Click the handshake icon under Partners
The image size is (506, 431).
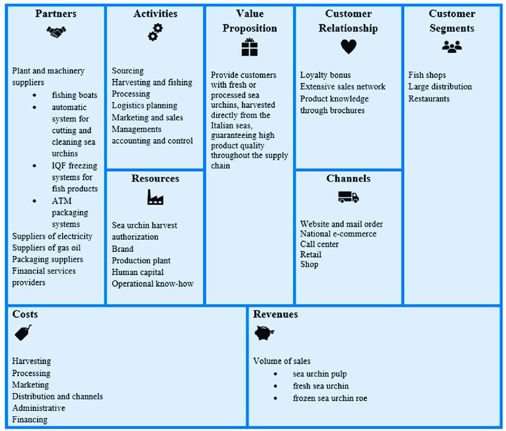tap(56, 32)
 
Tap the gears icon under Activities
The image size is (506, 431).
tap(155, 32)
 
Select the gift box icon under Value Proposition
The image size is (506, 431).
tap(249, 47)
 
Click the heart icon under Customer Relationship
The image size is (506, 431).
tap(348, 47)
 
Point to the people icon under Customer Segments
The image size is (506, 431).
tap(452, 46)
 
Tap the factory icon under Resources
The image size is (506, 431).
tap(155, 197)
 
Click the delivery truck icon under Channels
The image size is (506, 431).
tap(348, 197)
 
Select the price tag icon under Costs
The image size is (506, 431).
tap(23, 333)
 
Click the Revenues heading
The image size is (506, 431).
tap(276, 314)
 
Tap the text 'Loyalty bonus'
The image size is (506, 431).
tap(325, 75)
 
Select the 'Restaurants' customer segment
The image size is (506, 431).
tap(429, 99)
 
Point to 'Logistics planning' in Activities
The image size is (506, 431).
tap(145, 105)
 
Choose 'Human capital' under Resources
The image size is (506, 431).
tap(138, 272)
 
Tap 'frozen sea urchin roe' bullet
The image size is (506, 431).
tap(330, 398)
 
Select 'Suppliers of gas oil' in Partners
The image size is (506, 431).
tap(46, 248)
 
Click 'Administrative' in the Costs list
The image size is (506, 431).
tap(39, 408)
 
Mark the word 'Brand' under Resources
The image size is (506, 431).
tap(123, 249)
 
